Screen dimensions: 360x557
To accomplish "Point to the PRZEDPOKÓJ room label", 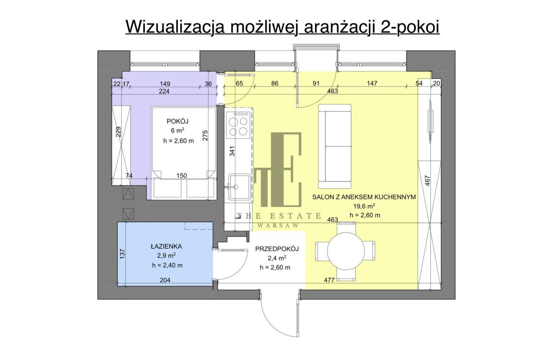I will coord(277,249).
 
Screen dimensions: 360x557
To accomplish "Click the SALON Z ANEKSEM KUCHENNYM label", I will coord(364,197).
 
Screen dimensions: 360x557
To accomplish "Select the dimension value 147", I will coord(371,84).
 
